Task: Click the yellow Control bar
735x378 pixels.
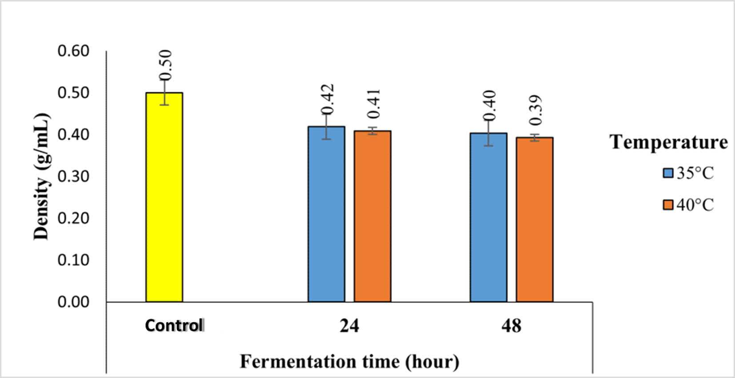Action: pyautogui.click(x=164, y=197)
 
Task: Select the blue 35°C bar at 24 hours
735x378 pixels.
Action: pyautogui.click(x=326, y=214)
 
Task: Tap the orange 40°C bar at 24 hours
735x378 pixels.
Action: pyautogui.click(x=372, y=217)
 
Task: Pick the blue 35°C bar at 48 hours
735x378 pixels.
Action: pyautogui.click(x=488, y=217)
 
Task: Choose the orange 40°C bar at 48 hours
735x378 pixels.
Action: pyautogui.click(x=535, y=220)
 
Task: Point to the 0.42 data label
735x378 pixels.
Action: pyautogui.click(x=328, y=99)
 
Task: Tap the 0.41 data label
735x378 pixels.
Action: pyautogui.click(x=374, y=104)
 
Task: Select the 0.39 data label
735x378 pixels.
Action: pyautogui.click(x=536, y=110)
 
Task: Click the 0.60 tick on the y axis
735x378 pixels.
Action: pyautogui.click(x=73, y=51)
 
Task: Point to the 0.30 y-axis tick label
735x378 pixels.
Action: pyautogui.click(x=73, y=177)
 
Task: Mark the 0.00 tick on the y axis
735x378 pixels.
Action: pyautogui.click(x=73, y=302)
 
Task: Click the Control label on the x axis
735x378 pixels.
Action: pyautogui.click(x=174, y=326)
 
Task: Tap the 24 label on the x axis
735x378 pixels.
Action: pyautogui.click(x=349, y=326)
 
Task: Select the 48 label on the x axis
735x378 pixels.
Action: pyautogui.click(x=511, y=326)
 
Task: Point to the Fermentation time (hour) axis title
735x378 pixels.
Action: pyautogui.click(x=349, y=362)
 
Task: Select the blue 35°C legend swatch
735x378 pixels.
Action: pyautogui.click(x=668, y=173)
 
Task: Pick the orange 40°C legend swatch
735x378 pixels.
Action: pyautogui.click(x=668, y=205)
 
